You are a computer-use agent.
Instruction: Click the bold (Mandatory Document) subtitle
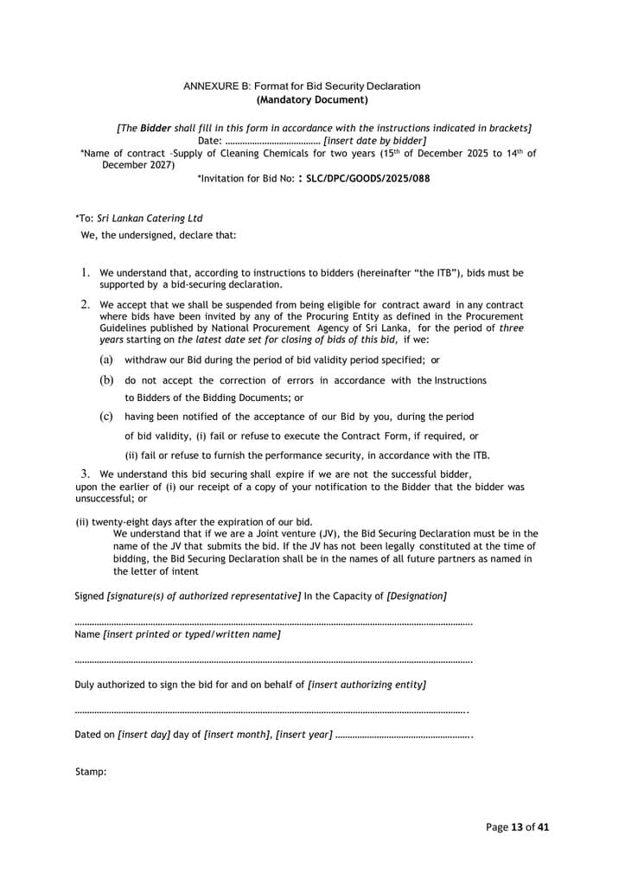(302, 99)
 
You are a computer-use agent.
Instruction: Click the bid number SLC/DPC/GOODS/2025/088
(368, 179)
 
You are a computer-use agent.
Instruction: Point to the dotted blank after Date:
(272, 140)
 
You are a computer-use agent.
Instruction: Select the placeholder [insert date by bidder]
(374, 140)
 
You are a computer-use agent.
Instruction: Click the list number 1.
(86, 273)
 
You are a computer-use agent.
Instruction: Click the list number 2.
(86, 305)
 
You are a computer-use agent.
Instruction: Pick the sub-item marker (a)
(105, 360)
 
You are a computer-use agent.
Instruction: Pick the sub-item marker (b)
(106, 380)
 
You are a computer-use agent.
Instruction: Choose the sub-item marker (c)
(106, 416)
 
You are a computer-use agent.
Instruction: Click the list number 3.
(86, 474)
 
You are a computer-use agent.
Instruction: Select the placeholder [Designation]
(417, 596)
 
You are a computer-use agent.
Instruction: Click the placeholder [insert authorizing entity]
(367, 684)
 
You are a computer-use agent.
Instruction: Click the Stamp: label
(91, 772)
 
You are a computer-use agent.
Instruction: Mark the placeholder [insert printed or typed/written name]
(191, 634)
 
